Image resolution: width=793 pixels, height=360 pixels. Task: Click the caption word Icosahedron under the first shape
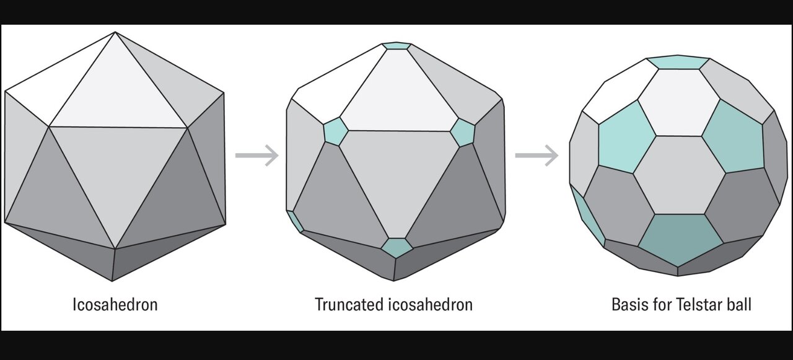[x=115, y=305]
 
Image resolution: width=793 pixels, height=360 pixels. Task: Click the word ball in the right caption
[x=740, y=305]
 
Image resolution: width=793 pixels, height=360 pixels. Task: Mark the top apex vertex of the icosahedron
[x=115, y=32]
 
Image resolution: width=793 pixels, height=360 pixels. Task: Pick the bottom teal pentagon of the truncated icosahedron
[x=396, y=247]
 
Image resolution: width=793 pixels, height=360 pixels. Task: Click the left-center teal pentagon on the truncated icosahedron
[x=335, y=131]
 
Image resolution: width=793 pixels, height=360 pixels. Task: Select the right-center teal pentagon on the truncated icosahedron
[x=462, y=132]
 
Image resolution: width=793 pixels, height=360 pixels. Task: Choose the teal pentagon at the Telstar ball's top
[x=678, y=62]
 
